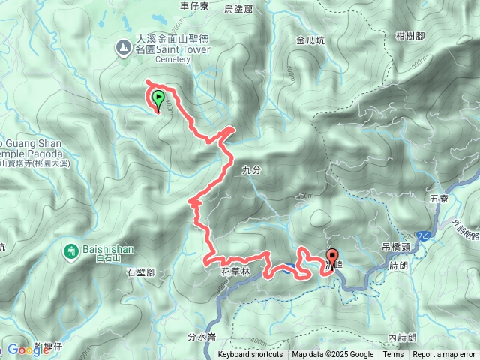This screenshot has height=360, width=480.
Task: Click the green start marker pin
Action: pyautogui.click(x=158, y=99)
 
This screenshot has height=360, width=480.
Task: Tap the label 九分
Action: pyautogui.click(x=251, y=171)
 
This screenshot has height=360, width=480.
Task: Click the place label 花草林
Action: pyautogui.click(x=235, y=270)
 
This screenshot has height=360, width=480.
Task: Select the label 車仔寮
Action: pyautogui.click(x=195, y=6)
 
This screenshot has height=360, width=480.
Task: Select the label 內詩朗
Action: pyautogui.click(x=403, y=337)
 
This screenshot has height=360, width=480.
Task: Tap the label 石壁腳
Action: pyautogui.click(x=140, y=272)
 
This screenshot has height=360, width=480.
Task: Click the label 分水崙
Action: pyautogui.click(x=202, y=337)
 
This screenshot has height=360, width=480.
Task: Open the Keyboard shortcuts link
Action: pyautogui.click(x=250, y=355)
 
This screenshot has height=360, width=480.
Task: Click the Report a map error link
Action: pyautogui.click(x=444, y=355)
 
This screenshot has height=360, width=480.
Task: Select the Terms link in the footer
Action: pyautogui.click(x=393, y=355)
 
